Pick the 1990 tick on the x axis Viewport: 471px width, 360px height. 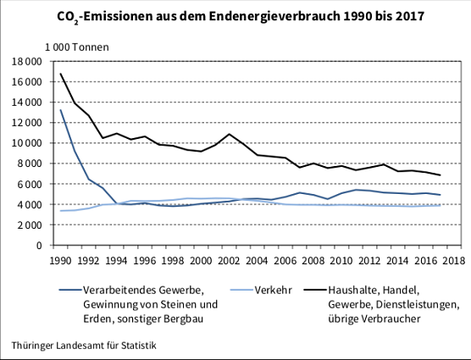point(60,260)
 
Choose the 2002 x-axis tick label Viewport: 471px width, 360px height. point(229,260)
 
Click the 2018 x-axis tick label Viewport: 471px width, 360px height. point(452,260)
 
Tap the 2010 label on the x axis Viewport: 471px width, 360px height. point(341,260)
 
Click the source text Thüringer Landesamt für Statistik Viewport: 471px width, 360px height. point(85,346)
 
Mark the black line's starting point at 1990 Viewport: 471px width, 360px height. point(60,74)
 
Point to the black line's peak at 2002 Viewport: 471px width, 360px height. point(229,134)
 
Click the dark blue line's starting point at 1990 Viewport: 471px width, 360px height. point(60,110)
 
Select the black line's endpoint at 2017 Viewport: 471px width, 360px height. point(439,175)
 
